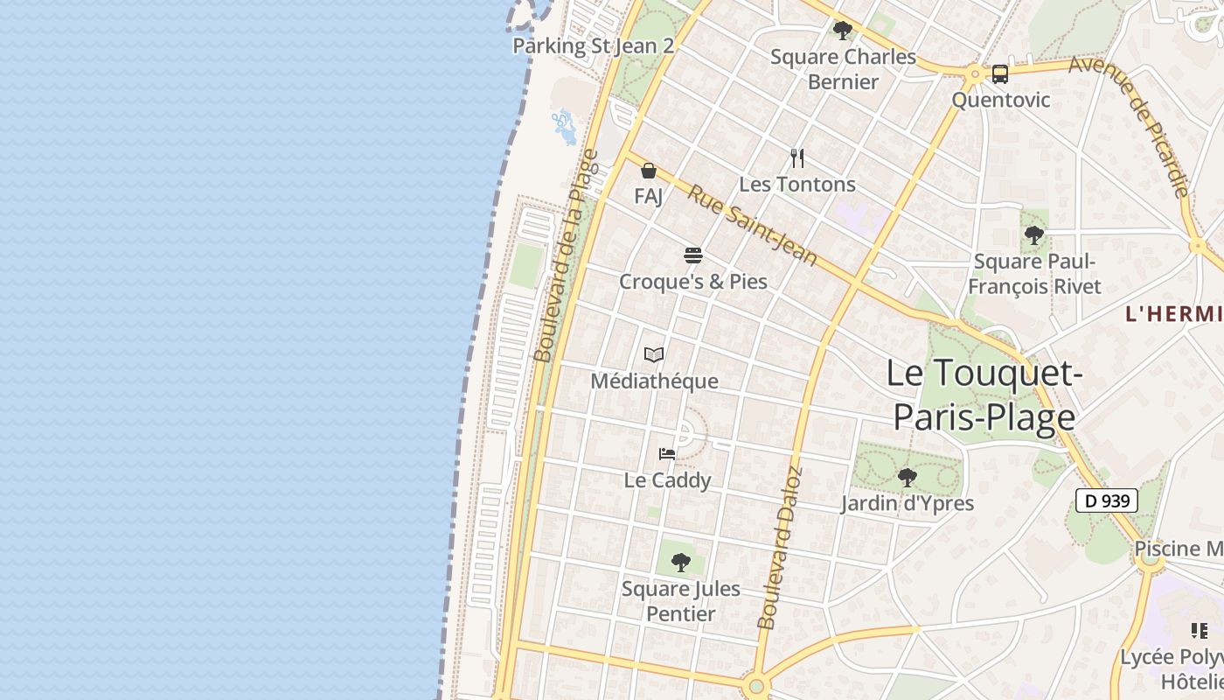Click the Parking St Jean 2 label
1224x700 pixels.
(593, 45)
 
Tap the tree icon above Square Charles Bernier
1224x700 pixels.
(843, 31)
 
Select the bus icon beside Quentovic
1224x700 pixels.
(1000, 74)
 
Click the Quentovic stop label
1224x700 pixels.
(1000, 100)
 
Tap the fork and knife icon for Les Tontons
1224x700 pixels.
(797, 158)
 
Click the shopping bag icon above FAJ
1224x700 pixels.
(649, 171)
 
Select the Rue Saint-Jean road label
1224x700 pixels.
(752, 225)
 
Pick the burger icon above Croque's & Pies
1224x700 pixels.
(693, 255)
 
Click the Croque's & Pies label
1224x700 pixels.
(693, 282)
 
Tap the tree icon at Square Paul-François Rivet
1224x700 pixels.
(1034, 235)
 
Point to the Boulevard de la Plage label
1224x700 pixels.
(567, 255)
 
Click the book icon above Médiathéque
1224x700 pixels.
(654, 354)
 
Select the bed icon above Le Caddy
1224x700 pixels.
(667, 454)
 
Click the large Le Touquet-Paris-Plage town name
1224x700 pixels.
(984, 395)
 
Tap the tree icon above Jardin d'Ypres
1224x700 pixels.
(908, 478)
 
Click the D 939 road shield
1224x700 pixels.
(1106, 500)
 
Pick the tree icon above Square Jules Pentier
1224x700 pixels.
(681, 563)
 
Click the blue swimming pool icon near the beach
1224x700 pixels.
(564, 127)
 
